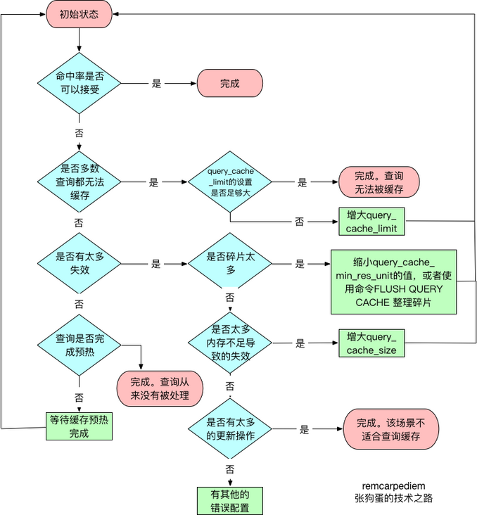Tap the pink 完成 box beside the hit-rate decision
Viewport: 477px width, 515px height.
[x=230, y=83]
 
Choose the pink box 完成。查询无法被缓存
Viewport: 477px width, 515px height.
[x=379, y=182]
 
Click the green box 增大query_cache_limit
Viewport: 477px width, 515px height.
[x=372, y=221]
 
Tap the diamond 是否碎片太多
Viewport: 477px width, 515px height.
[x=229, y=265]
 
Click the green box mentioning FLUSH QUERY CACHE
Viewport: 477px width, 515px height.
[x=394, y=281]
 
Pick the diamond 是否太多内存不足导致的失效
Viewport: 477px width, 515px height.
[x=229, y=344]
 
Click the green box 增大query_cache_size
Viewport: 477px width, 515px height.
[x=372, y=343]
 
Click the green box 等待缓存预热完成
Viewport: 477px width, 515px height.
[x=79, y=426]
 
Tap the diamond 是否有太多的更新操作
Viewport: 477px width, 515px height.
[x=229, y=429]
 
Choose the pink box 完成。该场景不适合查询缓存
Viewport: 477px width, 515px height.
[x=391, y=430]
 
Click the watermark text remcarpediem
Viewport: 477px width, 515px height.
[x=394, y=485]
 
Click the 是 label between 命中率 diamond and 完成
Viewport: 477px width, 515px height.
[x=156, y=83]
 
